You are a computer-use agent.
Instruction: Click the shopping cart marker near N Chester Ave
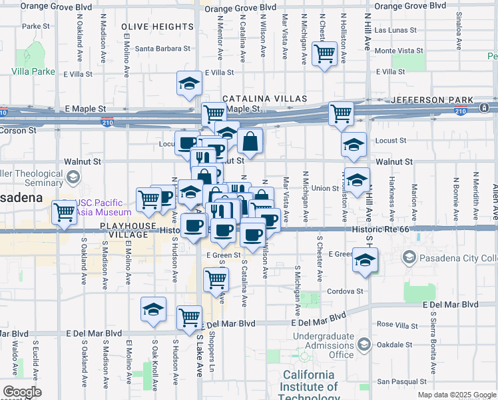325,53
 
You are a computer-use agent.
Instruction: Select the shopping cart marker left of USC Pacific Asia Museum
65,213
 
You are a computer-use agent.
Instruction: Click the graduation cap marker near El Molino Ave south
153,310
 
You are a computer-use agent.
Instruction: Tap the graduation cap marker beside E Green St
365,260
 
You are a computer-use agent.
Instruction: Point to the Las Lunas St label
395,31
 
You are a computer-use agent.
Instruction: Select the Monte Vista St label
399,51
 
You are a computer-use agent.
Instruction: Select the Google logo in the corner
23,392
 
